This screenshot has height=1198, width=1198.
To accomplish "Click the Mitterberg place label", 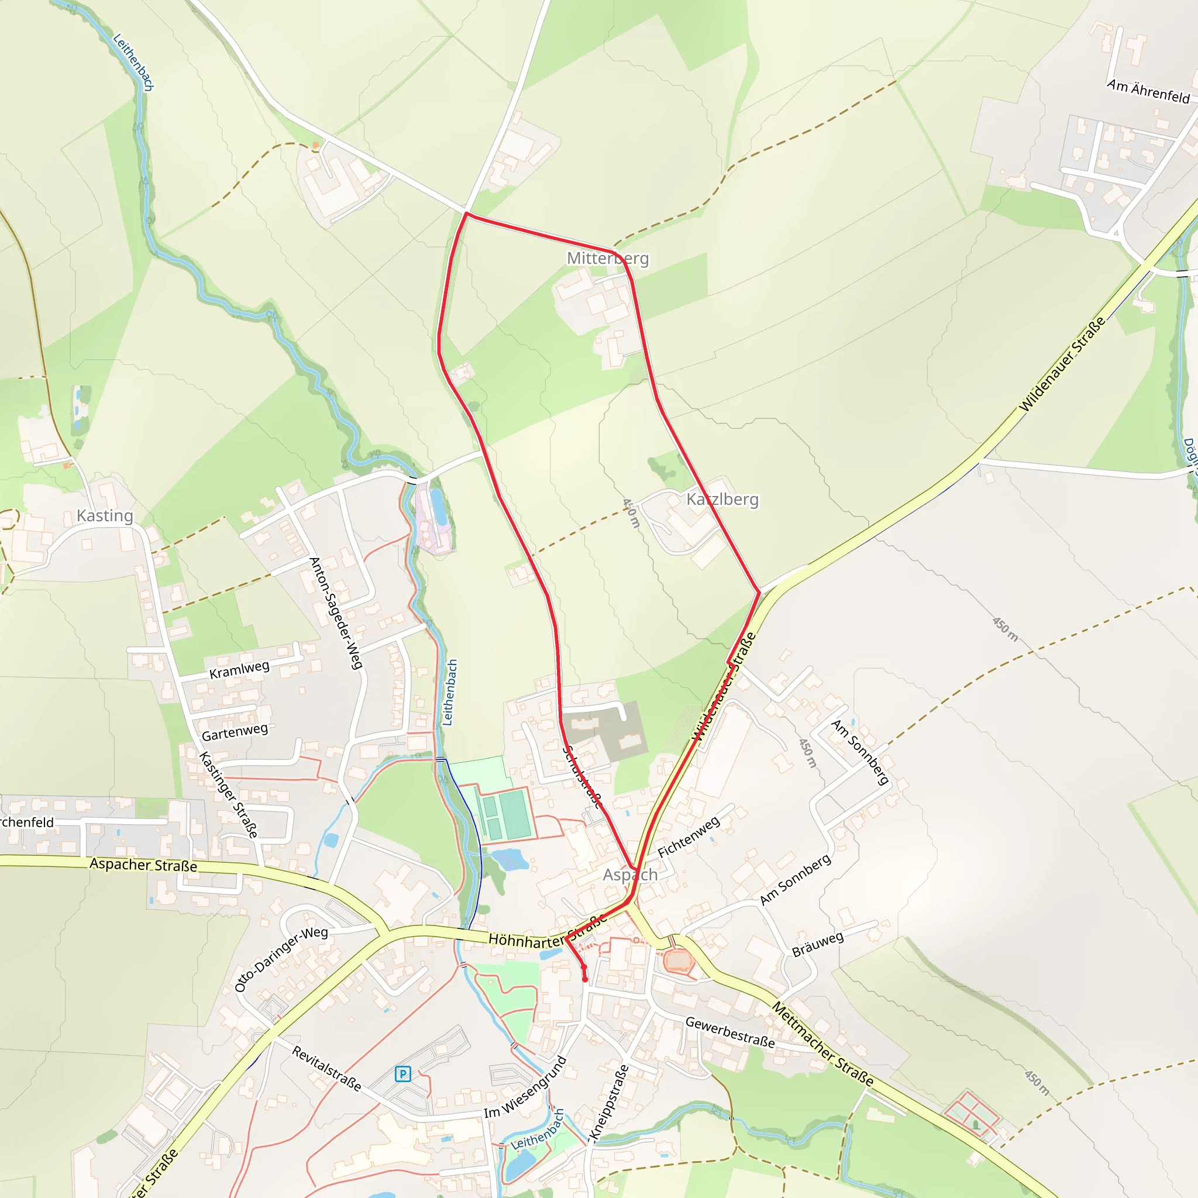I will (x=608, y=259).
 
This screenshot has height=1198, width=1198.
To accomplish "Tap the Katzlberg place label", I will (x=722, y=499).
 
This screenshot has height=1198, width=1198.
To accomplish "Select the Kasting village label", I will (x=105, y=516).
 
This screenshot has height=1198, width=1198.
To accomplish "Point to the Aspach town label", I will (x=630, y=875).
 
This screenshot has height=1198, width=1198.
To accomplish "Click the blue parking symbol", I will (x=402, y=1073).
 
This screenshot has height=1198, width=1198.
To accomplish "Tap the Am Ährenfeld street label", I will (x=1148, y=91).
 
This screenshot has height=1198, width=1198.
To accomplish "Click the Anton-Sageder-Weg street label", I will (x=335, y=613).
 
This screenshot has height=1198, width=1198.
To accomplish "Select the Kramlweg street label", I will (x=239, y=670).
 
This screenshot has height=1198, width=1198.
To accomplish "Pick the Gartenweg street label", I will (x=235, y=732).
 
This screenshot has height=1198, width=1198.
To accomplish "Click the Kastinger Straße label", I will (x=228, y=795).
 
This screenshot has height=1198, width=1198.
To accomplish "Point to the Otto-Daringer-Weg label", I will (x=281, y=959).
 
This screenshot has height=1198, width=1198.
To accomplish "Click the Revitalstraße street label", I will (x=327, y=1068).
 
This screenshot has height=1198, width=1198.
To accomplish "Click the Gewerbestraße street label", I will (x=730, y=1032).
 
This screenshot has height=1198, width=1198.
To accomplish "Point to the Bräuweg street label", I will (x=818, y=944).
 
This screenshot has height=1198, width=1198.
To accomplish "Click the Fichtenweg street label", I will (x=688, y=836).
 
